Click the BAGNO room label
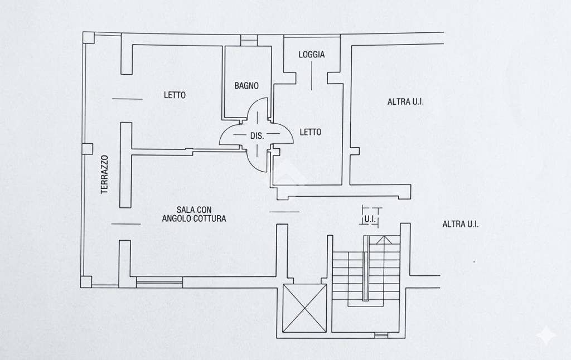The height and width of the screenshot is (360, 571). click(246, 86)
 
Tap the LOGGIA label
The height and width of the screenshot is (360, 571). click(312, 55)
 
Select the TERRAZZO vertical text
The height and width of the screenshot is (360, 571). click(105, 174)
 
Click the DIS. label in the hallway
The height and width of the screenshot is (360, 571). click(257, 136)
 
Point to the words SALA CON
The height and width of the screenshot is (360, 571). click(194, 210)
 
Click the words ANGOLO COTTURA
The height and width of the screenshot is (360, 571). click(194, 218)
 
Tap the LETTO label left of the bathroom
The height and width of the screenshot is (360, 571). click(175, 95)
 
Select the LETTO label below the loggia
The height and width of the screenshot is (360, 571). click(311, 132)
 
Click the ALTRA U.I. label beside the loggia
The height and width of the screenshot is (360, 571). click(405, 102)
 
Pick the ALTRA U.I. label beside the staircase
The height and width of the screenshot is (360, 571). click(460, 224)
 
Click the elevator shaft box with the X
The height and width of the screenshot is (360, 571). click(305, 308)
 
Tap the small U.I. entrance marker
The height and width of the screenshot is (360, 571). click(370, 219)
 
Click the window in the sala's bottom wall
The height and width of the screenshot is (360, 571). click(159, 282)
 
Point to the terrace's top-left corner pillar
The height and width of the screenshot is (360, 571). click(88, 38)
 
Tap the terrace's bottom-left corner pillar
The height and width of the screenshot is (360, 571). click(86, 282)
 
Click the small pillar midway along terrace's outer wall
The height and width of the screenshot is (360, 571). click(88, 149)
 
